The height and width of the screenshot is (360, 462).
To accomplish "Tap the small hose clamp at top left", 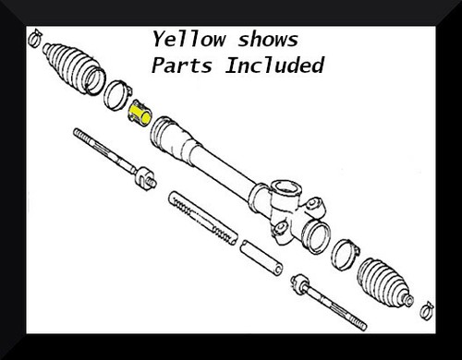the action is click(33, 38).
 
